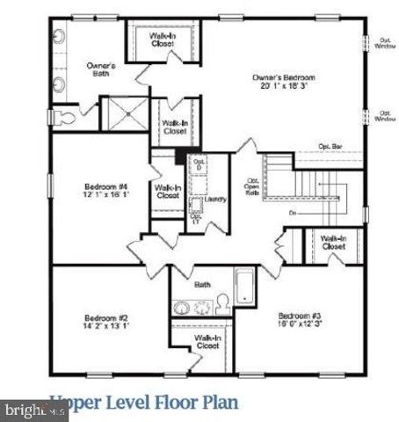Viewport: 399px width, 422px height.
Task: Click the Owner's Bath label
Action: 101,69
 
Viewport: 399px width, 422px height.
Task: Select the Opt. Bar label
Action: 330,146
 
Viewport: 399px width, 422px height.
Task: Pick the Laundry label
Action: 215,200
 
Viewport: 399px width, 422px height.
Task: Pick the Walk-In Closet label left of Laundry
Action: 167,191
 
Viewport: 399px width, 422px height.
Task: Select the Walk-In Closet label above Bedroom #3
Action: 332,242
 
